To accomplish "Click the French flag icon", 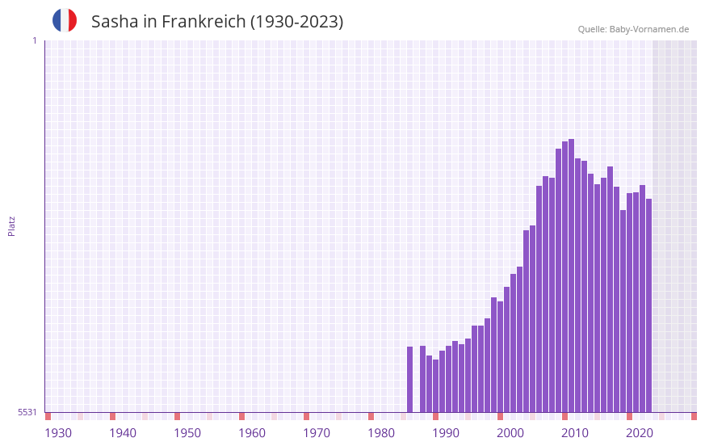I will [65, 20].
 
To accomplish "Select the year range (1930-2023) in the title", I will [296, 22].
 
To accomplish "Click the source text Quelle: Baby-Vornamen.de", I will [633, 29].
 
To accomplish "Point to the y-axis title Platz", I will [11, 225].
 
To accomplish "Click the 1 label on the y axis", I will [34, 40].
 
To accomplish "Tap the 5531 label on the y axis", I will [27, 412].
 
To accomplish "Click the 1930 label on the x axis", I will [58, 433].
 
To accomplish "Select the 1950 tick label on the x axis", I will [187, 433].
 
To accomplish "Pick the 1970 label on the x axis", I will [317, 433].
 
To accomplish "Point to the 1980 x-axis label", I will [381, 433].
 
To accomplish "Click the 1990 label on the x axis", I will [446, 433].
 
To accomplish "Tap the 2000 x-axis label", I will [510, 433].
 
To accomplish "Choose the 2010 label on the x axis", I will [575, 433].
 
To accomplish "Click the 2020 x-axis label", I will [640, 433].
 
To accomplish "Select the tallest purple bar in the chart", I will [572, 275].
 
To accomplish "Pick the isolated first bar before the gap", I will [409, 379].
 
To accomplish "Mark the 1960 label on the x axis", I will [252, 433].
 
